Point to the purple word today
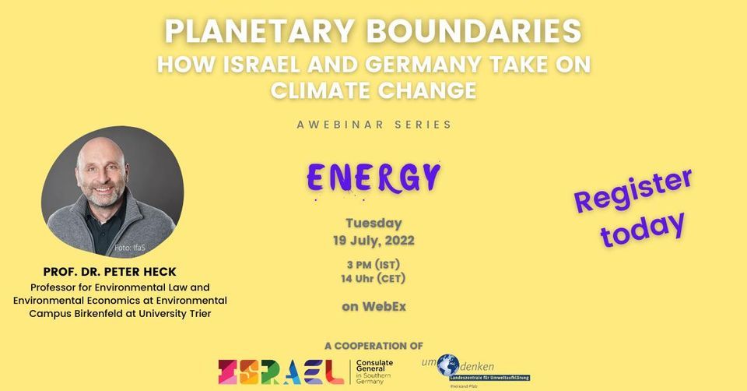point(643,227)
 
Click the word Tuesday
point(373,223)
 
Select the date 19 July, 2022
point(373,240)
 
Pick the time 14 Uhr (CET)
point(373,278)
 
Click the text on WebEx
point(373,306)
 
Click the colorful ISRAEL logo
point(281,371)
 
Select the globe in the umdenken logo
point(447,365)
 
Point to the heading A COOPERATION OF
point(373,344)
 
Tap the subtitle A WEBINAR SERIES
point(373,124)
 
